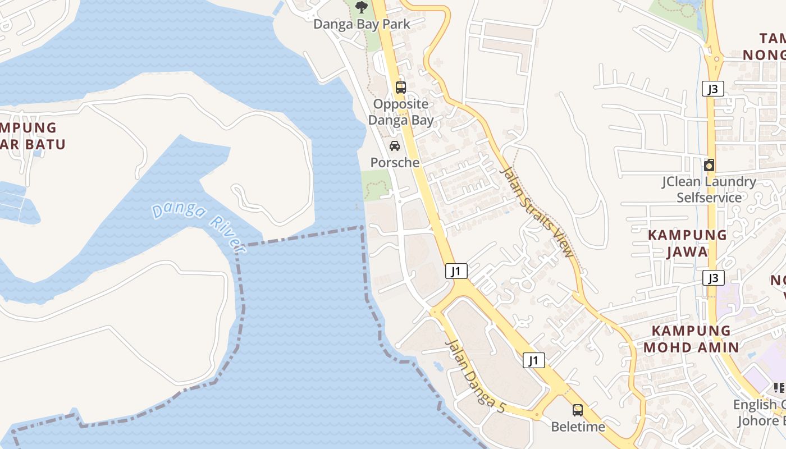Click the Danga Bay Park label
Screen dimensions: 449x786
[362, 24]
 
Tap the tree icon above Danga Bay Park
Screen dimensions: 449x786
[362, 7]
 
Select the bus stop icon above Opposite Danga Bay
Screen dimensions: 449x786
[400, 87]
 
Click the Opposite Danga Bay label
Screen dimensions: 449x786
[401, 112]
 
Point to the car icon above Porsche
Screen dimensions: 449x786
[395, 146]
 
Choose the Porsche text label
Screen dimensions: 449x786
[395, 163]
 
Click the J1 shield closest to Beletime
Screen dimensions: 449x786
[534, 360]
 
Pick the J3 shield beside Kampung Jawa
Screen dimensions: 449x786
[713, 278]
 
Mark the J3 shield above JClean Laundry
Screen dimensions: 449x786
[712, 89]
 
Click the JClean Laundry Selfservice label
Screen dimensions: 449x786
[709, 190]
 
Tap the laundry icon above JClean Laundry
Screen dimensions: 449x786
[709, 165]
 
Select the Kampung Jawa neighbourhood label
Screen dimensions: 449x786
[687, 243]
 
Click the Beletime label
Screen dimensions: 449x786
[578, 427]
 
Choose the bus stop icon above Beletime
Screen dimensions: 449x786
[578, 410]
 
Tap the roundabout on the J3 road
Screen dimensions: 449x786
[715, 57]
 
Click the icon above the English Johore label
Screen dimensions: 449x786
[780, 388]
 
